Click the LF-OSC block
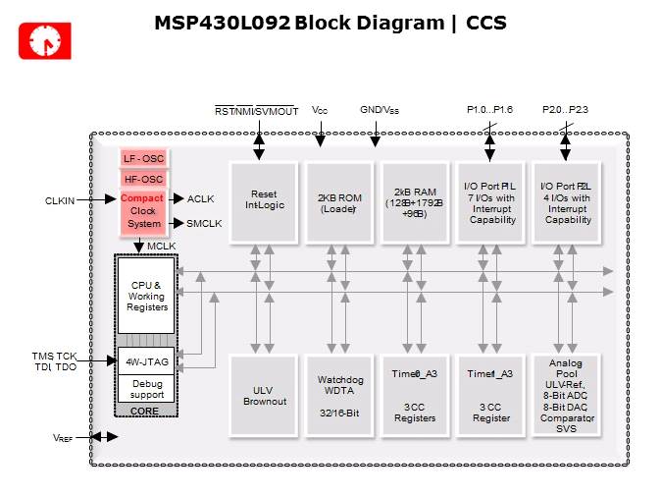click(143, 158)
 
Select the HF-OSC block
click(143, 179)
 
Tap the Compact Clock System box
click(143, 210)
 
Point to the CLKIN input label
click(61, 199)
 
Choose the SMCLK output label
click(205, 223)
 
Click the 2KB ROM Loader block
click(339, 200)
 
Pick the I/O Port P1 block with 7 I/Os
click(490, 200)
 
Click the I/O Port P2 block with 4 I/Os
click(566, 200)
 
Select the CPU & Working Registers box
click(146, 294)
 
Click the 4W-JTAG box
click(146, 362)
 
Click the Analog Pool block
click(566, 394)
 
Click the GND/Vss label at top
click(380, 110)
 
